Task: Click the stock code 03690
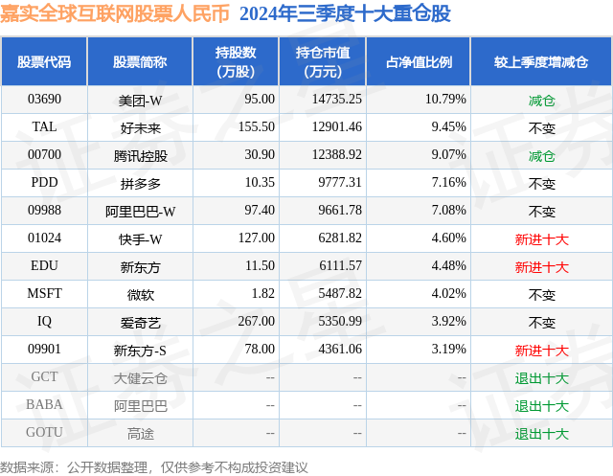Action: [x=44, y=99]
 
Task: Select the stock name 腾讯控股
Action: [x=140, y=155]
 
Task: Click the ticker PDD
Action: [x=44, y=183]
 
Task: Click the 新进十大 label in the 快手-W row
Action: [x=541, y=238]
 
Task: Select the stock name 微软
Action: [x=140, y=294]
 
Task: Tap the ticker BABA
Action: [x=44, y=405]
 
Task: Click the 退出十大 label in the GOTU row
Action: [x=541, y=433]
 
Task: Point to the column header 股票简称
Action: [x=140, y=61]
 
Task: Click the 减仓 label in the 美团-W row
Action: [x=541, y=99]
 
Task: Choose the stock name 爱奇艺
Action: [x=140, y=322]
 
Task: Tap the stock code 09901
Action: [x=44, y=350]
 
